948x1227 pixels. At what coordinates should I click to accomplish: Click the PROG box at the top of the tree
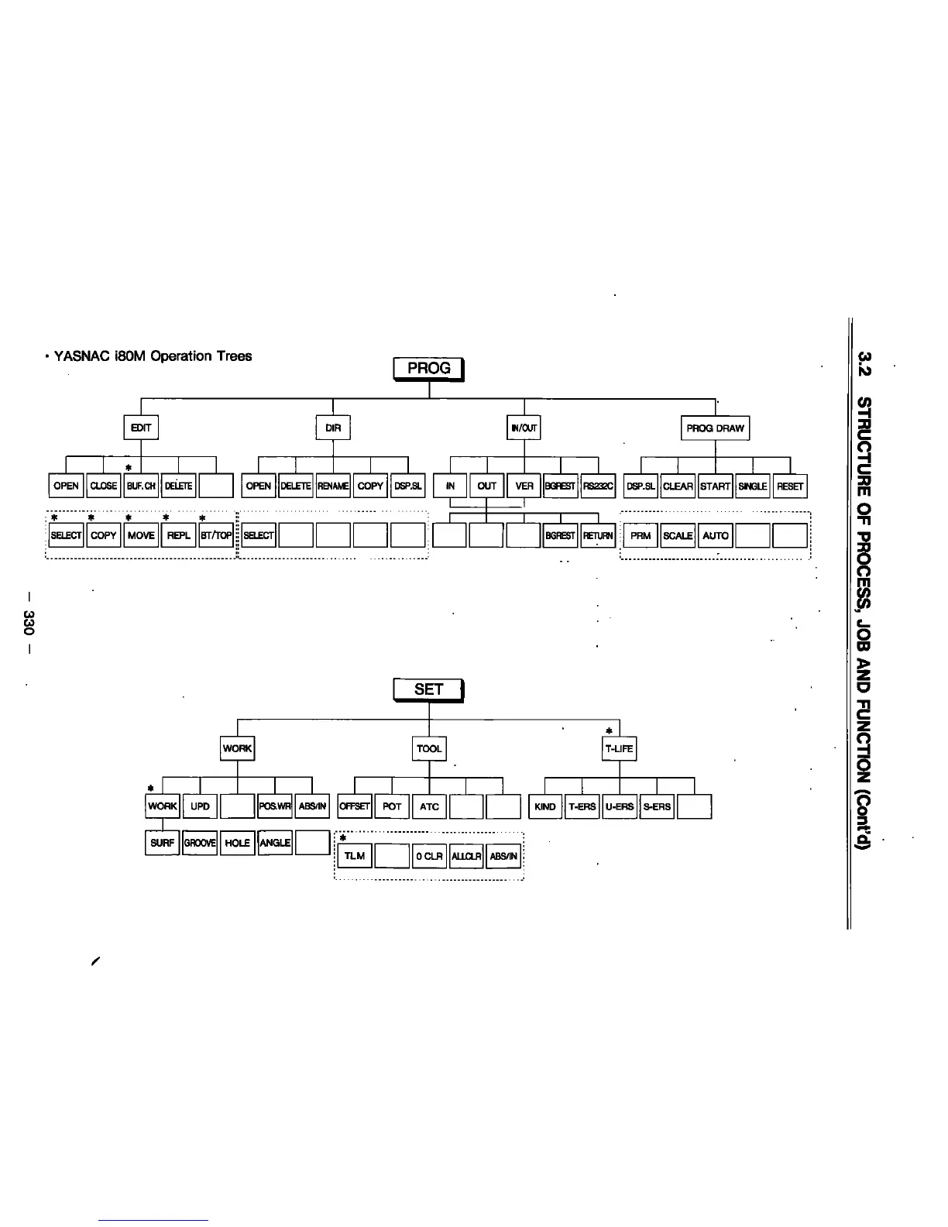(429, 369)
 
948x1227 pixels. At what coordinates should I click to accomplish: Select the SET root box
(428, 689)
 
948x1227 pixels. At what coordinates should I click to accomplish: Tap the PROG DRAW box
(715, 428)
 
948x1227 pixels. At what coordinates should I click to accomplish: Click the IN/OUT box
(524, 428)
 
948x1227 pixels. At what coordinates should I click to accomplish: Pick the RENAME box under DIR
(333, 486)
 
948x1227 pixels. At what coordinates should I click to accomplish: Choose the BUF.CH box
(141, 486)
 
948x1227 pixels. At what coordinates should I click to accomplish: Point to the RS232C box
(599, 486)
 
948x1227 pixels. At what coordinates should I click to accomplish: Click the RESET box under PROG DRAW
(790, 486)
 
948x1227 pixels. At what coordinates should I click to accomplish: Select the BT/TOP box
(216, 535)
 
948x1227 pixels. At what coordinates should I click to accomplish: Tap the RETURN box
(598, 535)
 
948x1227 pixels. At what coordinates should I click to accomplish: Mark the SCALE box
(678, 535)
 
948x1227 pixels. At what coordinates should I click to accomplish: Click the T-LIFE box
(619, 748)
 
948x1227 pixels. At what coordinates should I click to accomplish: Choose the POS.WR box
(275, 806)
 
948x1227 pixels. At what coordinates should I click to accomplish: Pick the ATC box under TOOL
(429, 806)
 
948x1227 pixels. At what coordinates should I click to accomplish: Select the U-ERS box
(619, 806)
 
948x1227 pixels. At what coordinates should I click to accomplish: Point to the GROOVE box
(200, 843)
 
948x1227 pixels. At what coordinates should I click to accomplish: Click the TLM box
(354, 856)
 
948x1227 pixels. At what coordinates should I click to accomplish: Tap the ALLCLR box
(467, 856)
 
